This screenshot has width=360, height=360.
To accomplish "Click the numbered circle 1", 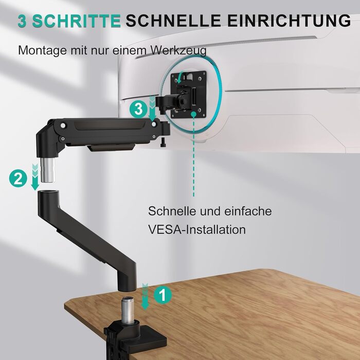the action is point(163,295).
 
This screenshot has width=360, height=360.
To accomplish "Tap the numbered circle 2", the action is point(18,178).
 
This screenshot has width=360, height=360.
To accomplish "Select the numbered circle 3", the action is point(138,109).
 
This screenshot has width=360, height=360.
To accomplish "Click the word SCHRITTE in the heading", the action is point(77,21).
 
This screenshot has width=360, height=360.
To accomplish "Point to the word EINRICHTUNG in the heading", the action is point(289,21).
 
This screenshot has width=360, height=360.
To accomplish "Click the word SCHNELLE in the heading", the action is point(173,21).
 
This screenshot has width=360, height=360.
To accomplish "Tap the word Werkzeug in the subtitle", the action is point(178,50).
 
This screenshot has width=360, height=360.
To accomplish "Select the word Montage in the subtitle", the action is point(43,50).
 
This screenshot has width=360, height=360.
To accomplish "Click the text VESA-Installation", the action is point(197,229).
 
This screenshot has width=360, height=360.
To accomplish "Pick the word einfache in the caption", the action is point(248,211).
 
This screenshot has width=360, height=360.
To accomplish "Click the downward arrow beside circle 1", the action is point(145,297).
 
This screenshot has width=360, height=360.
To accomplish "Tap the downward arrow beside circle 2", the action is point(35,177).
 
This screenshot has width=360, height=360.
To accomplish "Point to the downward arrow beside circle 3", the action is point(152,109).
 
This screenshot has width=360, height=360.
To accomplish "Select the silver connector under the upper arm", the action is point(48,170).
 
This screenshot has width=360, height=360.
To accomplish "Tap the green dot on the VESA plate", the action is point(193,114).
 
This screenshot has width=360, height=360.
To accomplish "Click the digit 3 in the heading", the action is point(22,22).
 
